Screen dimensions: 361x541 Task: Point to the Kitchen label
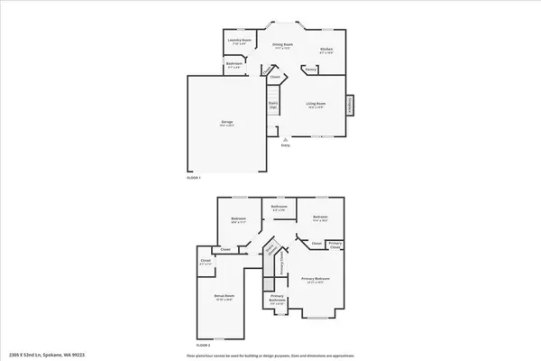pos(327,51)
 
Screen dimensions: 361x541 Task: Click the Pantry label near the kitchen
pos(309,69)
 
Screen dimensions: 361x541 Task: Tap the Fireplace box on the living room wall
pos(352,106)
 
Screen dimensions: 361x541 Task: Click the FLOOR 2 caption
pos(204,345)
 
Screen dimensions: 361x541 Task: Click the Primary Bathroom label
pos(278,301)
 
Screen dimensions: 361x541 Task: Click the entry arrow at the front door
pos(286,141)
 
